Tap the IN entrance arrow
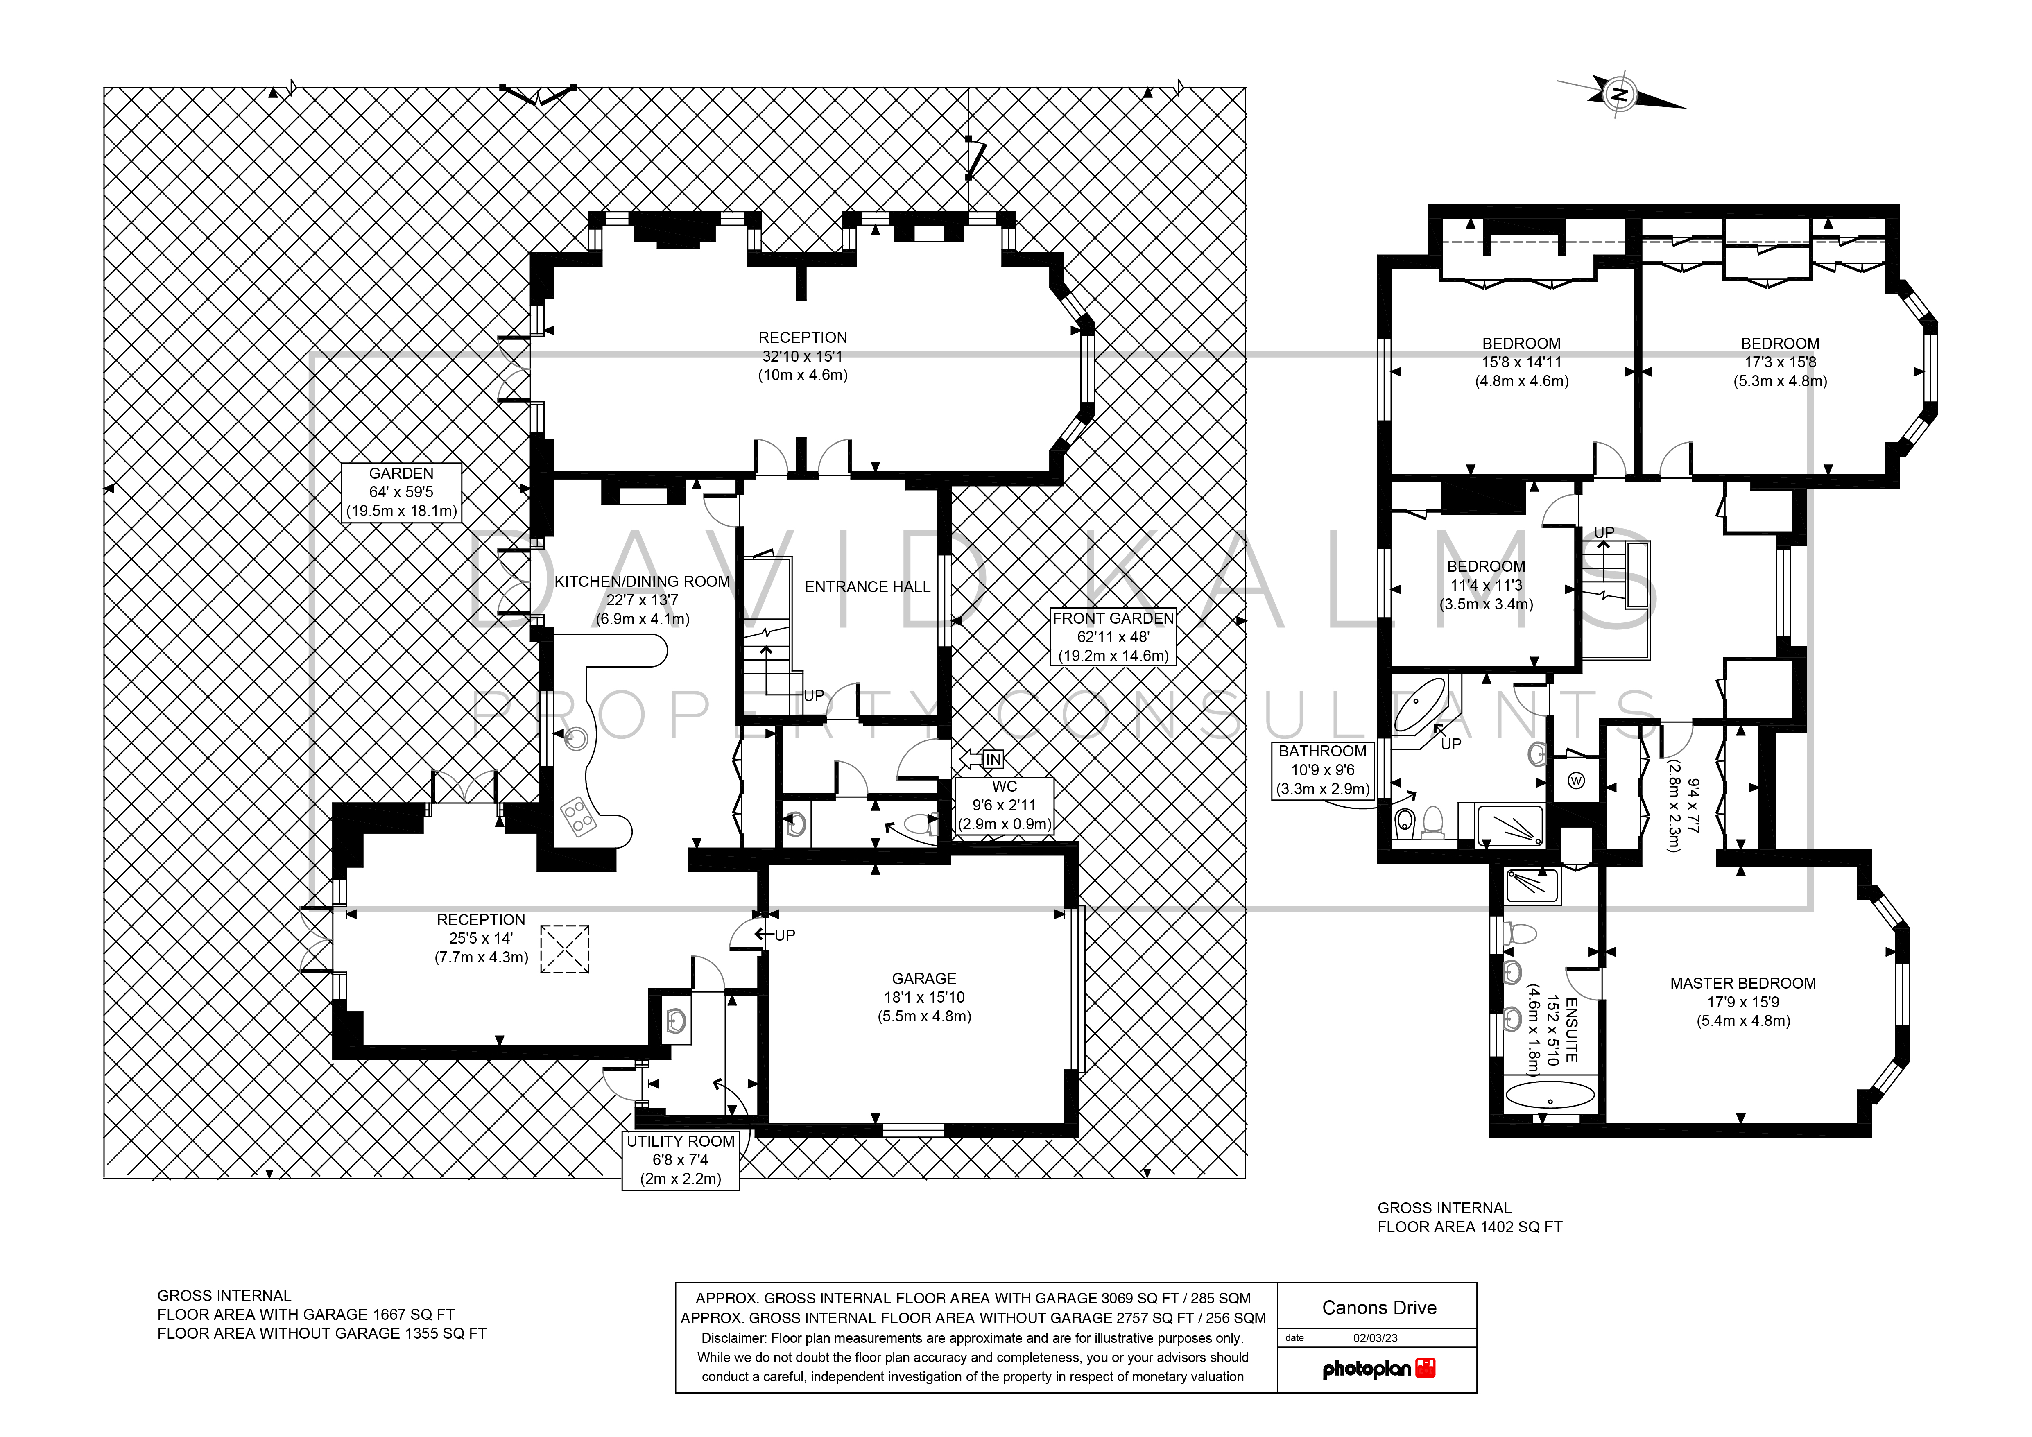point(982,758)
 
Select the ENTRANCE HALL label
point(867,587)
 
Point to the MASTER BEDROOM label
point(1742,983)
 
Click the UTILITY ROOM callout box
point(681,1160)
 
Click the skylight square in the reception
point(565,949)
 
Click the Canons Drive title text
point(1379,1308)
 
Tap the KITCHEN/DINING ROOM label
point(643,582)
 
